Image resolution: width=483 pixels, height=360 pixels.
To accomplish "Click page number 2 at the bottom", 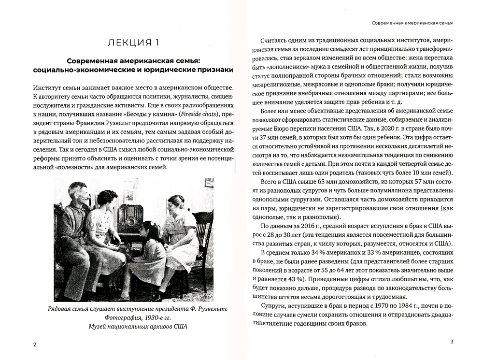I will (x=33, y=344).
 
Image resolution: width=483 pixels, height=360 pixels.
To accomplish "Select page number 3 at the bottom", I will (x=451, y=343).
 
